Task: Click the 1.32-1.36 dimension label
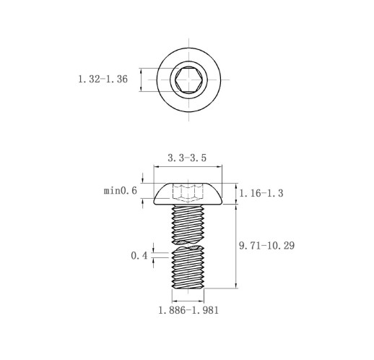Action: [103, 79]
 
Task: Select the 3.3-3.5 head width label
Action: [187, 158]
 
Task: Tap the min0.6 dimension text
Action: [121, 191]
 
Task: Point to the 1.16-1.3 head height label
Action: [261, 193]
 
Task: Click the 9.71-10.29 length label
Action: [266, 246]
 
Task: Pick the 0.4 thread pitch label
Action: [139, 256]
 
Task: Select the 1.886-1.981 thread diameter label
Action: [188, 310]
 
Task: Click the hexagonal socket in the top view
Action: [188, 80]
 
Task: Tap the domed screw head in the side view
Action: [188, 194]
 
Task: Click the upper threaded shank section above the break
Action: [188, 224]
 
